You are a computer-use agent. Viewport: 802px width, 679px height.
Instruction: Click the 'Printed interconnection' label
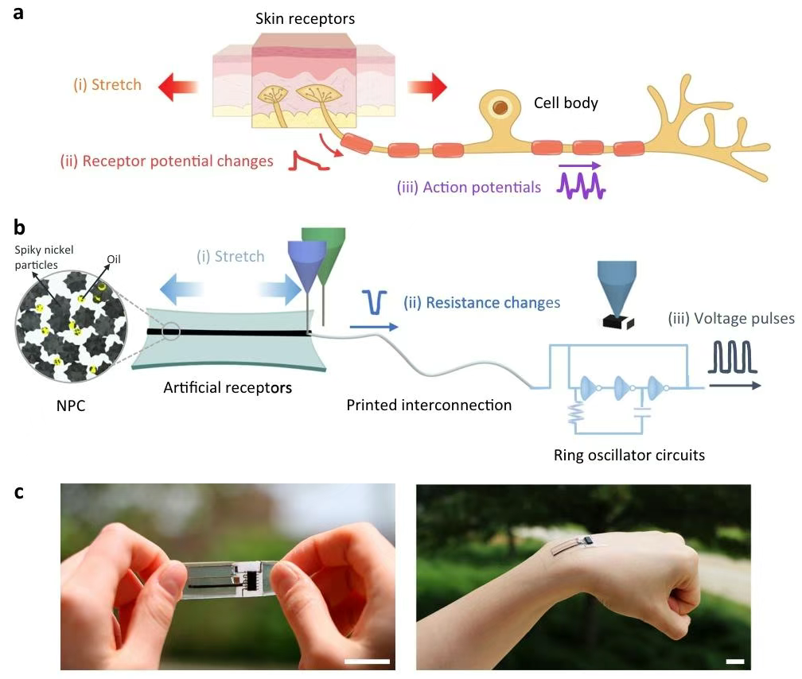pyautogui.click(x=429, y=405)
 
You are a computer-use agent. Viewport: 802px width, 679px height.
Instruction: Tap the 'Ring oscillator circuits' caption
pyautogui.click(x=629, y=456)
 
